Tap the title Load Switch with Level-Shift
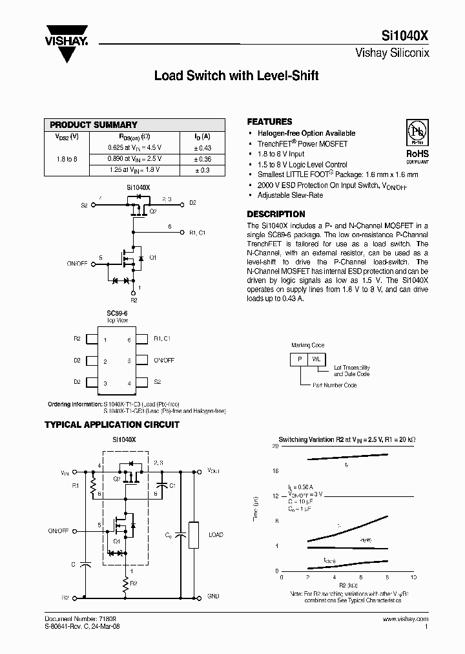point(236,76)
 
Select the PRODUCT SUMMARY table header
point(94,125)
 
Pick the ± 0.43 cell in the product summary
point(202,148)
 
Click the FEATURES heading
point(269,121)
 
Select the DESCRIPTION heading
point(276,214)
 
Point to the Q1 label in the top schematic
point(152,257)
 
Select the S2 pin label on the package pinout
point(158,382)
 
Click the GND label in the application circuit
point(214,596)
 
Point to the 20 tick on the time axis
point(275,447)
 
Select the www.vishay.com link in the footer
point(405,619)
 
